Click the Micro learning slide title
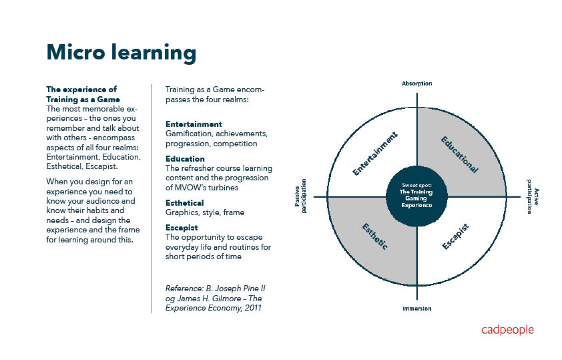(121, 52)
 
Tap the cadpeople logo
(507, 330)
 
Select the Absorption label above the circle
(416, 83)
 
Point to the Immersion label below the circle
(416, 309)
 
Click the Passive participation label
(300, 196)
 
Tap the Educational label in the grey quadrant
(459, 155)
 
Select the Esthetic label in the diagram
(376, 237)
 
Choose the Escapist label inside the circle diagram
(455, 237)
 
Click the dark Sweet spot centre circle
(416, 196)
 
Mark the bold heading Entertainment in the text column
(194, 124)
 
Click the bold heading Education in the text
(185, 159)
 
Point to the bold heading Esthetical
(184, 203)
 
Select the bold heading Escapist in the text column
(182, 228)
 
